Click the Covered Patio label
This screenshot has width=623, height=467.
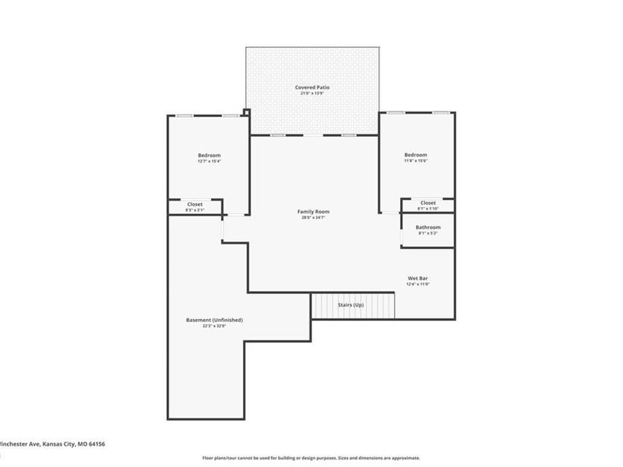312,87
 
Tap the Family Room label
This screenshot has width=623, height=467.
313,211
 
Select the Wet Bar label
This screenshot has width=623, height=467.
418,278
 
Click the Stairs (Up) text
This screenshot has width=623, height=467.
350,304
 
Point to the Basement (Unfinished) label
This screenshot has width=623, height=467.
215,320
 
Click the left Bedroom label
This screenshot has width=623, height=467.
209,155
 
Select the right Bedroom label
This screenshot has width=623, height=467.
415,155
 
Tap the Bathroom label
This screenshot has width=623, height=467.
428,227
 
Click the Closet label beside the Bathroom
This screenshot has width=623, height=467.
428,203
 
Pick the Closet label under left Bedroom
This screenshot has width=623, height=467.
195,204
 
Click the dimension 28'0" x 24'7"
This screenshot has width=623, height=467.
313,217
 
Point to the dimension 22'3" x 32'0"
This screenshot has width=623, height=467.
215,326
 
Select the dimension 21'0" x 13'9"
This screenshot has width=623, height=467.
312,93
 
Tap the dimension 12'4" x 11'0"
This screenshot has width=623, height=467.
418,284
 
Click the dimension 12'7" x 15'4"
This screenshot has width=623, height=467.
209,161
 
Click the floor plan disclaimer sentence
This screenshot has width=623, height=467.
311,457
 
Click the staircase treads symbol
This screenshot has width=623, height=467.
352,305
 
